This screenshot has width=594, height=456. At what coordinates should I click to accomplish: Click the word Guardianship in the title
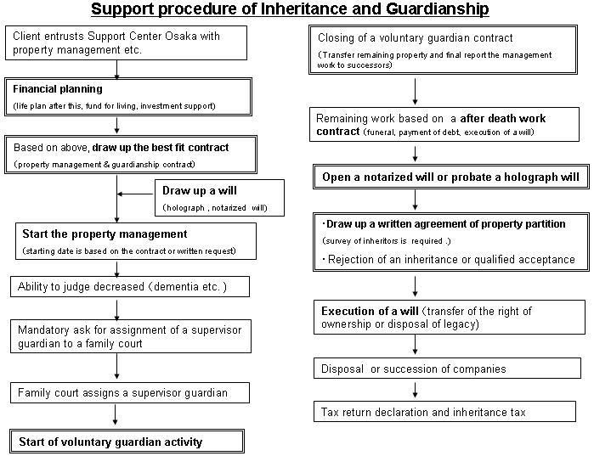click(438, 9)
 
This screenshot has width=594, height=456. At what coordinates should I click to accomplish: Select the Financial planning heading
click(58, 89)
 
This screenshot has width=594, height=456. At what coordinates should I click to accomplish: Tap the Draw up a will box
click(219, 198)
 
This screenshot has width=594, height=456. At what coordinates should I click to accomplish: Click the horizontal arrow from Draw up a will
click(135, 194)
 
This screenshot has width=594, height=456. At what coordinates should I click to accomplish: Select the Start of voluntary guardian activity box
click(127, 442)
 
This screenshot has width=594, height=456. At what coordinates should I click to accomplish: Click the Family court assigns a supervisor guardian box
click(130, 393)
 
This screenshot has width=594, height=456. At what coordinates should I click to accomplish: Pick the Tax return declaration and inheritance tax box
click(444, 412)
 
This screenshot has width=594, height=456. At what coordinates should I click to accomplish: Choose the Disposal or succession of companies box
click(447, 369)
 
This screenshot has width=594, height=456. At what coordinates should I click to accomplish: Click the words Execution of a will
click(370, 311)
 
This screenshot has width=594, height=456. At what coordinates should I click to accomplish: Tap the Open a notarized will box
click(450, 177)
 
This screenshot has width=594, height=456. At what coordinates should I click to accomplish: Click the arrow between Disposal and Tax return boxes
click(416, 390)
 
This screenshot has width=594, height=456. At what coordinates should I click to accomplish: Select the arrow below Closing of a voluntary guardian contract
click(416, 92)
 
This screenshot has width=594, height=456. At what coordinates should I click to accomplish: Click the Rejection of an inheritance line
click(449, 260)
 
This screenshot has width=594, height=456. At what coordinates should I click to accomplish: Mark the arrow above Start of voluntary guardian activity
click(116, 414)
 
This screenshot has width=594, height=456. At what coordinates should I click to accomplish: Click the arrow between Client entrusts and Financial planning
click(116, 70)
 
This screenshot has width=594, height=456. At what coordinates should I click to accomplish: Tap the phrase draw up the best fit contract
click(161, 148)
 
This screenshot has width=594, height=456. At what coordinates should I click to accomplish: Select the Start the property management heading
click(105, 234)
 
